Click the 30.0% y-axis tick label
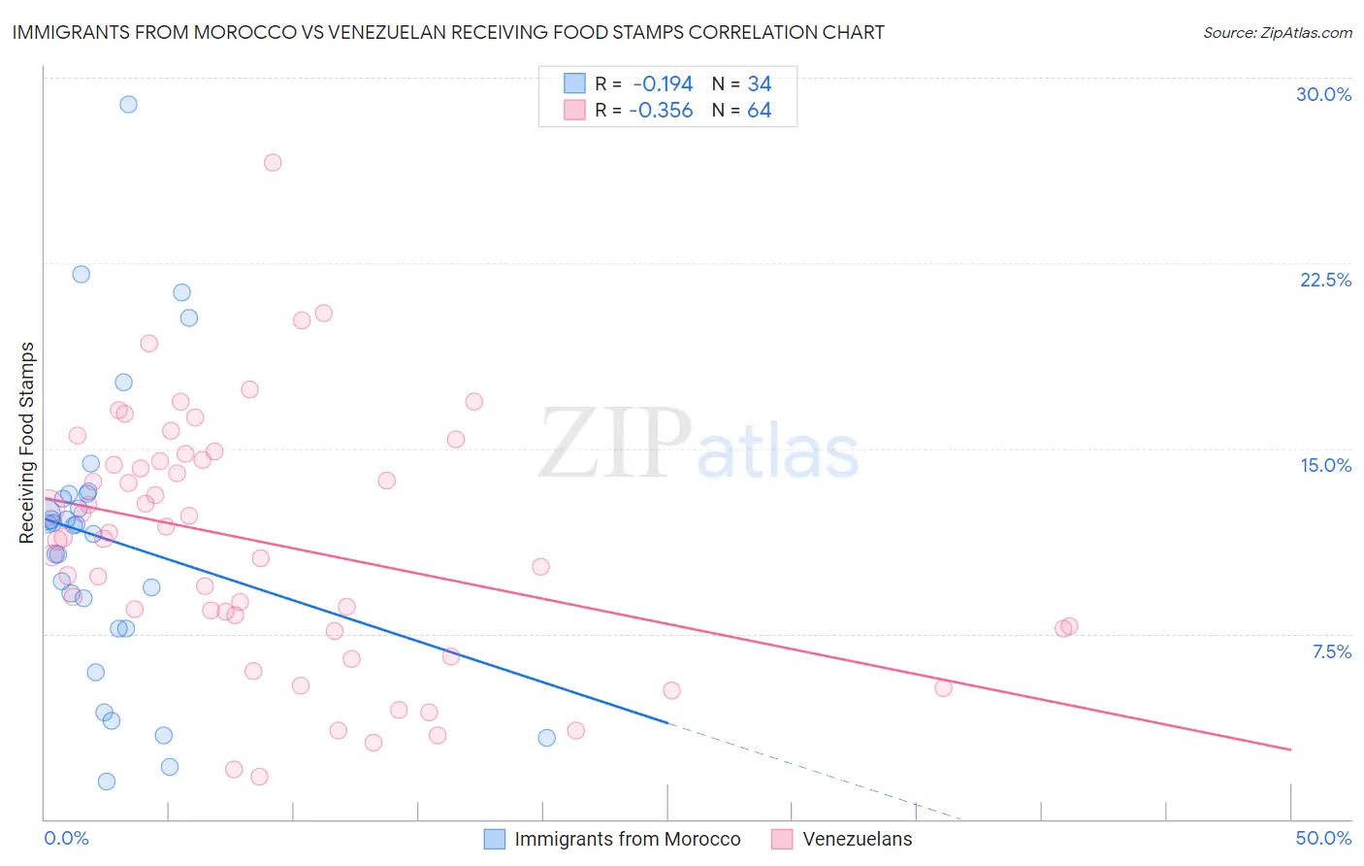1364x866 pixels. [1323, 94]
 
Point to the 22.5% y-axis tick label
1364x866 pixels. [1325, 280]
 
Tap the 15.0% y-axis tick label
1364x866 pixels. [1325, 465]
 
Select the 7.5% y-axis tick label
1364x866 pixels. [1331, 651]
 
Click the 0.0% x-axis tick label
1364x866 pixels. [66, 838]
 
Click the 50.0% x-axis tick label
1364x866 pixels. [1323, 838]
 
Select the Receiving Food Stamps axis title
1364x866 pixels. [27, 443]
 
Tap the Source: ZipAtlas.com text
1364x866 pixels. [1277, 32]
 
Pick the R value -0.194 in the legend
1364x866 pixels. [663, 83]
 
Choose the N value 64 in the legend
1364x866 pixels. [759, 110]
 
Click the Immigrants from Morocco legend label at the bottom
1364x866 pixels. [627, 839]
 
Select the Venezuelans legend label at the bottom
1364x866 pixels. [858, 839]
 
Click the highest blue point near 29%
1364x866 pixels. [128, 104]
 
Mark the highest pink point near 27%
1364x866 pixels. [273, 162]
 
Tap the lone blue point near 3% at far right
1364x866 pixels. [547, 738]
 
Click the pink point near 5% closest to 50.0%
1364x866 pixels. [943, 687]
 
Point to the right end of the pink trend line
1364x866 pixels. [1290, 749]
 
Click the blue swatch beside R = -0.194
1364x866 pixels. [575, 83]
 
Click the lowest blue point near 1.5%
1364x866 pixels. [107, 782]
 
